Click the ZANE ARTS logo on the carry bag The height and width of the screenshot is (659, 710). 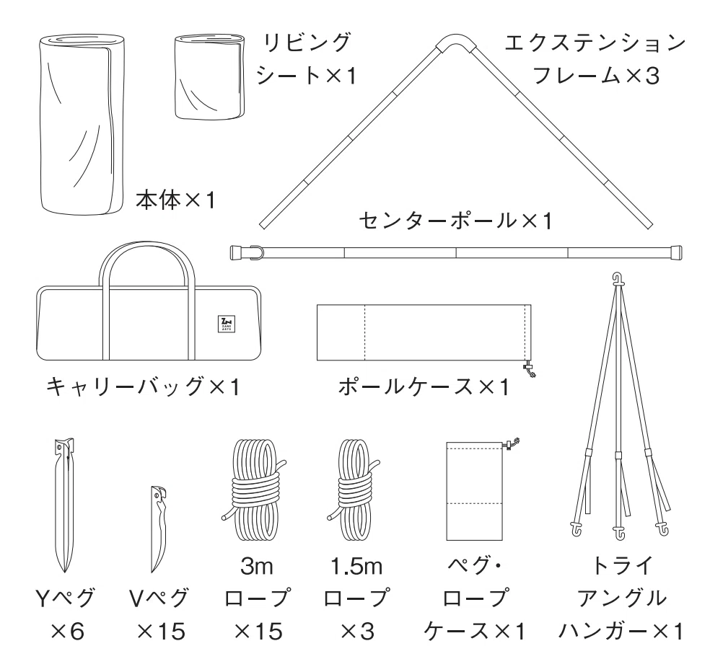[227, 324]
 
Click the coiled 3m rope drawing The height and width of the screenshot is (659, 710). [254, 490]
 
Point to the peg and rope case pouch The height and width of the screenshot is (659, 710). [475, 491]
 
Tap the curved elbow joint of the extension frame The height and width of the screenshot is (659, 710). [455, 40]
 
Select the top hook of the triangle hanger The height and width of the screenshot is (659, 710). [618, 278]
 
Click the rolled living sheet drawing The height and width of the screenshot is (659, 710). [210, 77]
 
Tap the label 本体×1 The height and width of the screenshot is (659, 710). [175, 200]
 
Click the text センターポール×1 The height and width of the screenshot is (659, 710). [456, 221]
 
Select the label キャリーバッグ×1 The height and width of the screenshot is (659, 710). [143, 387]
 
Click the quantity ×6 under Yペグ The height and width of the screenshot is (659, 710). [67, 632]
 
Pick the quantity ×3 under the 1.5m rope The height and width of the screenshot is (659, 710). [357, 632]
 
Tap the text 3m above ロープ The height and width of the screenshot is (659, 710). [256, 566]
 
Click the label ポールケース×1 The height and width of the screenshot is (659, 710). [424, 387]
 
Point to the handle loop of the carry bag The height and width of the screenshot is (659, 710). [147, 246]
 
